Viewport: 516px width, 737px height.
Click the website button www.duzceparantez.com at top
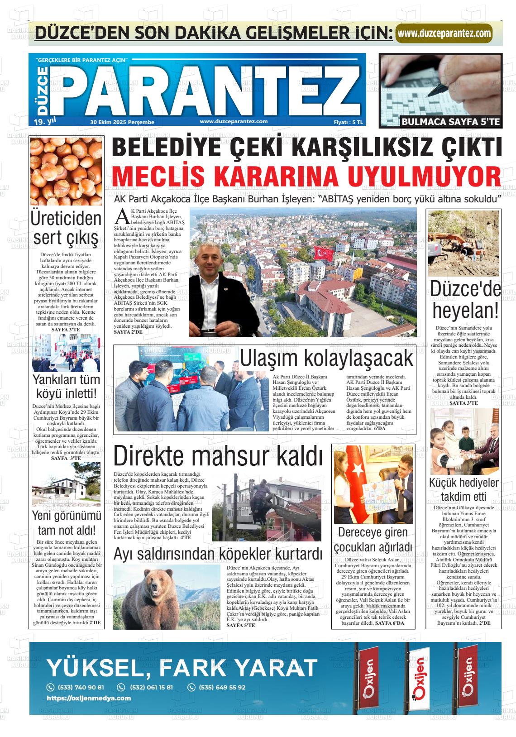tap(444, 33)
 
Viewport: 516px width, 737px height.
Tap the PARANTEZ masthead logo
tap(206, 89)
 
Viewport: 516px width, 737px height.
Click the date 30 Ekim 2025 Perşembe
tap(122, 122)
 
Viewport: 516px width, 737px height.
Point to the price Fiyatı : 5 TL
tap(348, 122)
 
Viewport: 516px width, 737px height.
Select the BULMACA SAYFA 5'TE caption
tap(451, 122)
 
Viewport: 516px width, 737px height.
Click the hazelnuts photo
tap(66, 171)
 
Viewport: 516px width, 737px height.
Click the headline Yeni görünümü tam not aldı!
tap(66, 522)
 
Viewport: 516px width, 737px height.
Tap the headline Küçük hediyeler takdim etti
tap(463, 489)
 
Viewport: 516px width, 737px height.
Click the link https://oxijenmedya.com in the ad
tap(89, 698)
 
